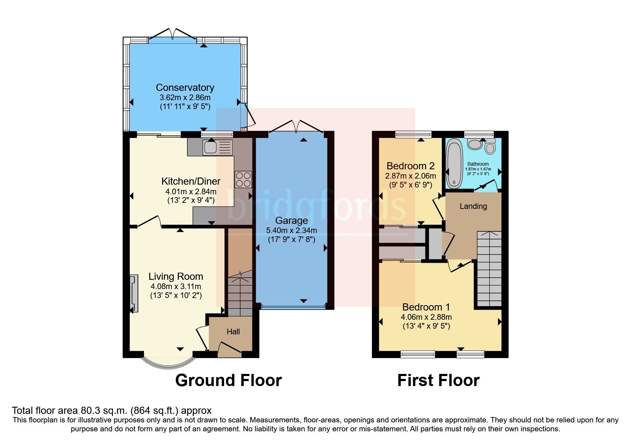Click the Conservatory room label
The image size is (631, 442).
(x=185, y=88)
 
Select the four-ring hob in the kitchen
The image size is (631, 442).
(x=243, y=180)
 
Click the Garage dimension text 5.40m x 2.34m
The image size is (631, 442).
(x=291, y=231)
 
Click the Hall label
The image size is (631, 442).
(x=233, y=332)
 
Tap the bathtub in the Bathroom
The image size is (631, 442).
(x=454, y=164)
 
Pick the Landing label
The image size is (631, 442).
(x=473, y=206)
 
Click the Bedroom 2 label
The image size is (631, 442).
(x=410, y=166)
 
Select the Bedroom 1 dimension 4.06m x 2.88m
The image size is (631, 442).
(x=426, y=317)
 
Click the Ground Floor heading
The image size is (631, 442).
(x=228, y=380)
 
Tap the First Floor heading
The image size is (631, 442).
(x=438, y=380)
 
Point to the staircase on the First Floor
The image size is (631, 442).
(x=489, y=269)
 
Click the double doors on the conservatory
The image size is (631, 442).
(x=172, y=35)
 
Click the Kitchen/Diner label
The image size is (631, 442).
(x=191, y=181)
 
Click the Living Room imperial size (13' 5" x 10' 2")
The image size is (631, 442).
(x=176, y=295)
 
